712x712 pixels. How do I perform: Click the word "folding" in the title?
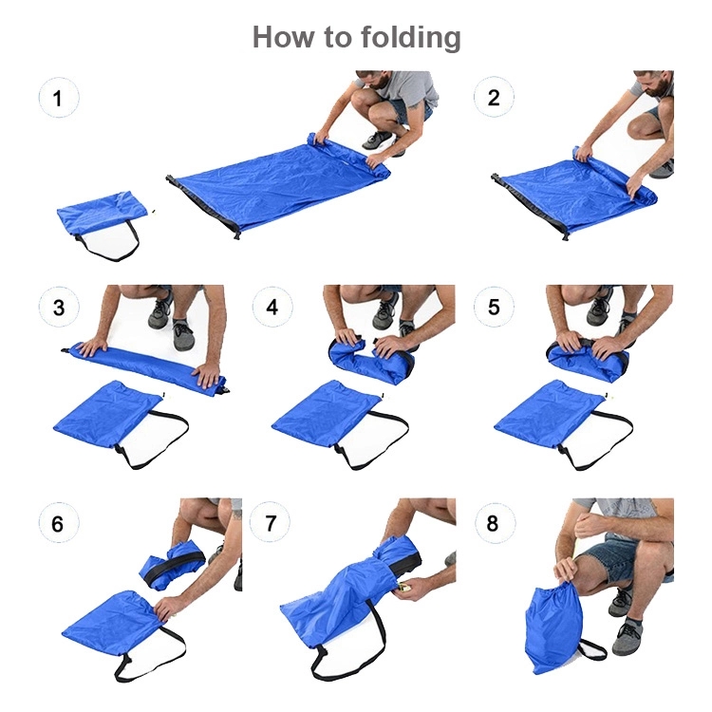pyautogui.click(x=410, y=37)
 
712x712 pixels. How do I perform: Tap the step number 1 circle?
pyautogui.click(x=59, y=98)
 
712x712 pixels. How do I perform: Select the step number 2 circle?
pyautogui.click(x=494, y=97)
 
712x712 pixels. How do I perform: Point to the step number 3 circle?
pyautogui.click(x=59, y=307)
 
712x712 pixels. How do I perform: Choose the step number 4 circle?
pyautogui.click(x=272, y=307)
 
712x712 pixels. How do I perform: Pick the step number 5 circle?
pyautogui.click(x=494, y=307)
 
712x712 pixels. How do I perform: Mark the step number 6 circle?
pyautogui.click(x=58, y=523)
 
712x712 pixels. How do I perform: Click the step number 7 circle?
pyautogui.click(x=271, y=522)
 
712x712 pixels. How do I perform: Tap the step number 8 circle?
pyautogui.click(x=494, y=522)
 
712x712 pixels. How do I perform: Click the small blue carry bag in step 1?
pyautogui.click(x=103, y=213)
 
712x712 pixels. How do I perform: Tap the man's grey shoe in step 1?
pyautogui.click(x=378, y=141)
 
